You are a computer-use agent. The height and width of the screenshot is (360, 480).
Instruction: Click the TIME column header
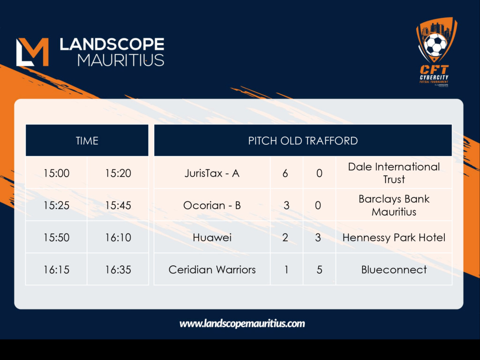pyautogui.click(x=87, y=141)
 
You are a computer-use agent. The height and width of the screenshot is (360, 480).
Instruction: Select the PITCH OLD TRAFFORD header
pyautogui.click(x=303, y=141)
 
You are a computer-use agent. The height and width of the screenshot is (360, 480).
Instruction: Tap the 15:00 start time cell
pyautogui.click(x=56, y=173)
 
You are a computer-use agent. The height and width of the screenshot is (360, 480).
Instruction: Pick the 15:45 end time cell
pyautogui.click(x=118, y=205)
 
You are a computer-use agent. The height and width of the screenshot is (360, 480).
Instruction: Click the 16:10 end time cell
pyautogui.click(x=118, y=237)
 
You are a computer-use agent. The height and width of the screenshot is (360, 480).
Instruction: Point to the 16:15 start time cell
pyautogui.click(x=56, y=270)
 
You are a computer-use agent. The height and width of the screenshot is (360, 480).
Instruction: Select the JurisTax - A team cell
pyautogui.click(x=212, y=173)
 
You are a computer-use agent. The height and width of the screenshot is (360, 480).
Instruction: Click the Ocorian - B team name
pyautogui.click(x=212, y=205)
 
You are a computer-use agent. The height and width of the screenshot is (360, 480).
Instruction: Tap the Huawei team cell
pyautogui.click(x=212, y=237)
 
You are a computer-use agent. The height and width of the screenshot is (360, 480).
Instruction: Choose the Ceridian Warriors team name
pyautogui.click(x=212, y=270)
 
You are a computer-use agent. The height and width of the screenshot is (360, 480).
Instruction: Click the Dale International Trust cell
pyautogui.click(x=394, y=173)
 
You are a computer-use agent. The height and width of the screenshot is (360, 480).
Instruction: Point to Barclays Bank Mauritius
pyautogui.click(x=394, y=205)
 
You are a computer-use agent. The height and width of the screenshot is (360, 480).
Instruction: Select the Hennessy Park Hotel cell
pyautogui.click(x=394, y=237)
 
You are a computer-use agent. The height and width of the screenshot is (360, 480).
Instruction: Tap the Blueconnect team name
pyautogui.click(x=394, y=270)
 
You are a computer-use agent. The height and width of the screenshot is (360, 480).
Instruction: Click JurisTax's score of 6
pyautogui.click(x=285, y=173)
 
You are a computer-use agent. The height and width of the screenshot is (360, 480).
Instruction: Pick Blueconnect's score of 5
pyautogui.click(x=319, y=270)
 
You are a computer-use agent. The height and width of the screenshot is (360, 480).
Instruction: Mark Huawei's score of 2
pyautogui.click(x=285, y=238)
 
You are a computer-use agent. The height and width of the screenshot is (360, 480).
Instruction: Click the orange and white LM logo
pyautogui.click(x=32, y=52)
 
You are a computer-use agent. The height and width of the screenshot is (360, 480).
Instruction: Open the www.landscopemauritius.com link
pyautogui.click(x=242, y=323)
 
